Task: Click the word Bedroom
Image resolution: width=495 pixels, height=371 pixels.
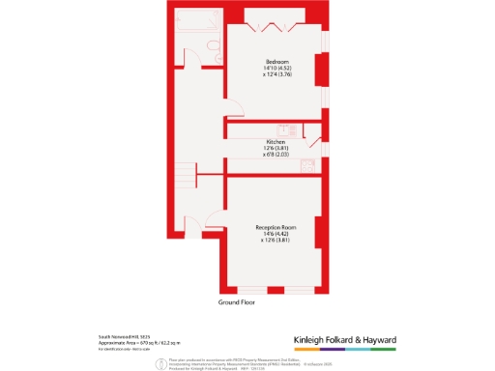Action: tap(277, 61)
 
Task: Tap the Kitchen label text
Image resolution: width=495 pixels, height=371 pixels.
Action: tap(277, 142)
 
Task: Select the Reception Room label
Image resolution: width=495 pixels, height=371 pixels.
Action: tap(277, 227)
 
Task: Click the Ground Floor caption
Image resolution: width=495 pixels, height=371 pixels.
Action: tap(241, 302)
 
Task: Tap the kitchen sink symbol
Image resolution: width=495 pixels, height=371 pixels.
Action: tap(283, 129)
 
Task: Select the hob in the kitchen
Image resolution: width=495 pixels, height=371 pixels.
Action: tap(311, 162)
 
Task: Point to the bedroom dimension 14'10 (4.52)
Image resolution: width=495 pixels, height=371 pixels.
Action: tap(277, 69)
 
